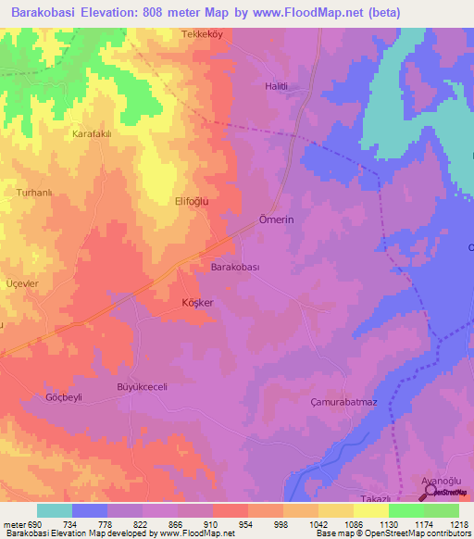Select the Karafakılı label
tap(92, 133)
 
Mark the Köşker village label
tap(197, 303)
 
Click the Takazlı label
tap(351, 486)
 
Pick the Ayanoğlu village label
tap(435, 482)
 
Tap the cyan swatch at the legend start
tap(55, 510)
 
